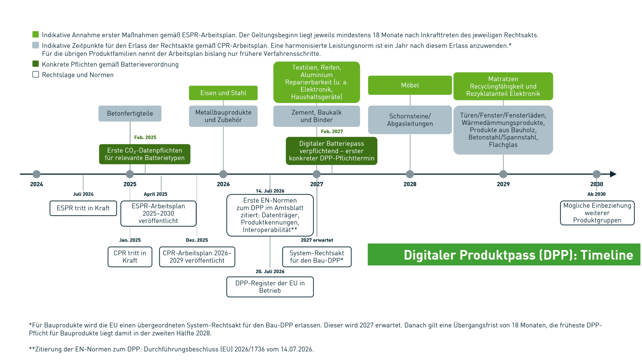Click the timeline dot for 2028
pos(410,174)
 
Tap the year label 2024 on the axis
pos(36,184)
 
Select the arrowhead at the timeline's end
pos(613,174)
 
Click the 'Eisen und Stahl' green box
pos(223,93)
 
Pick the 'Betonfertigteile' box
pos(130,114)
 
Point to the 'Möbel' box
pos(410,85)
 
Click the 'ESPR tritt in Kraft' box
pos(83,208)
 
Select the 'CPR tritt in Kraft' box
pos(130,257)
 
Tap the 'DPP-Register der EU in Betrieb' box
pos(270,287)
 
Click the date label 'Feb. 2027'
pos(332,132)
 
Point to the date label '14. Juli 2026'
pos(270,191)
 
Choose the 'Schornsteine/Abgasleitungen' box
pos(410,120)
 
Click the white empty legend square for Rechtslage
pos(36,75)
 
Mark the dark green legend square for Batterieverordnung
pos(36,64)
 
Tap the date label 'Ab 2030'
pos(597,194)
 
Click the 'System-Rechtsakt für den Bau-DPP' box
pos(317,257)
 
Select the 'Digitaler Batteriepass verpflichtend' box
pos(332,151)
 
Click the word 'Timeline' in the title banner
pos(607,255)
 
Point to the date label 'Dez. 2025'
pos(197,240)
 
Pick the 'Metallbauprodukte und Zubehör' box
pos(223,116)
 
